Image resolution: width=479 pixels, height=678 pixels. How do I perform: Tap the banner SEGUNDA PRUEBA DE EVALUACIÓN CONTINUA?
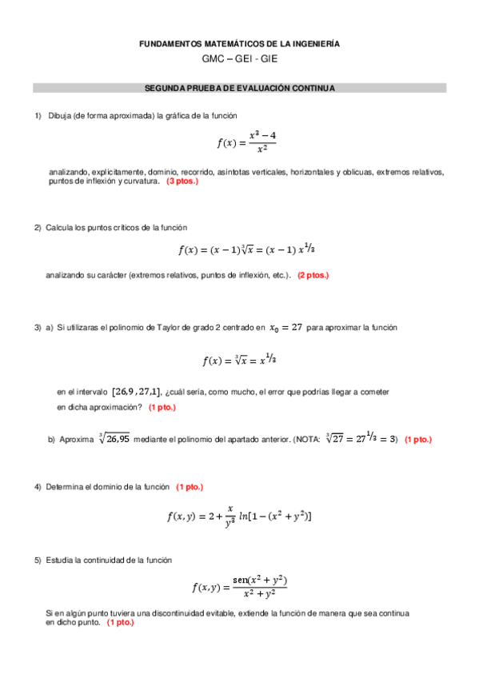tap(239, 88)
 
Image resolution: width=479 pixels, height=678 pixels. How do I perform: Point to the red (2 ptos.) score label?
tap(313, 275)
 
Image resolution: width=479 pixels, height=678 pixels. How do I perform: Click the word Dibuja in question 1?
tap(59, 116)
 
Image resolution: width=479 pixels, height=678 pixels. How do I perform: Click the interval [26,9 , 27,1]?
tap(136, 392)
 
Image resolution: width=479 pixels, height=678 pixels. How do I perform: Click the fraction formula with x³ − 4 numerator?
tap(246, 142)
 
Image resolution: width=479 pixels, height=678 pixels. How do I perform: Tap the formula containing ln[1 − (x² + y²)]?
tap(239, 516)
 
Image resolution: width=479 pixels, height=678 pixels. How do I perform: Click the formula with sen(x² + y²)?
tap(239, 587)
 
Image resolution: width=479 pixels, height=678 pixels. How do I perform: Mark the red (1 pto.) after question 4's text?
tap(190, 487)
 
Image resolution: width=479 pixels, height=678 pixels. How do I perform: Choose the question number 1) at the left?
tap(37, 116)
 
